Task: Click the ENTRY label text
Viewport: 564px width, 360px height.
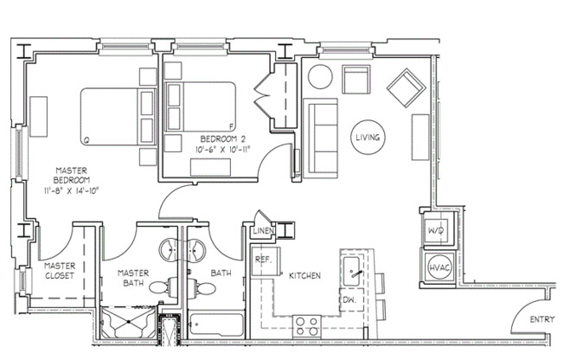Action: pyautogui.click(x=542, y=320)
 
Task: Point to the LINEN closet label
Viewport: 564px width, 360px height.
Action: pyautogui.click(x=263, y=232)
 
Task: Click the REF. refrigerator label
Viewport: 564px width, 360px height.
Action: pyautogui.click(x=263, y=259)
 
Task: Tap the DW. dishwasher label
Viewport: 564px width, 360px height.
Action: pyautogui.click(x=349, y=299)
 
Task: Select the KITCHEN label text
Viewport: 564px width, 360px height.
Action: pyautogui.click(x=304, y=276)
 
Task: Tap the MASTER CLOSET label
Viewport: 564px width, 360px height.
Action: pyautogui.click(x=60, y=270)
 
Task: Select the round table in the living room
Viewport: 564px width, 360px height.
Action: pyautogui.click(x=320, y=76)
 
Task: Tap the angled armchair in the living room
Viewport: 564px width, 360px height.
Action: pyautogui.click(x=404, y=87)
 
